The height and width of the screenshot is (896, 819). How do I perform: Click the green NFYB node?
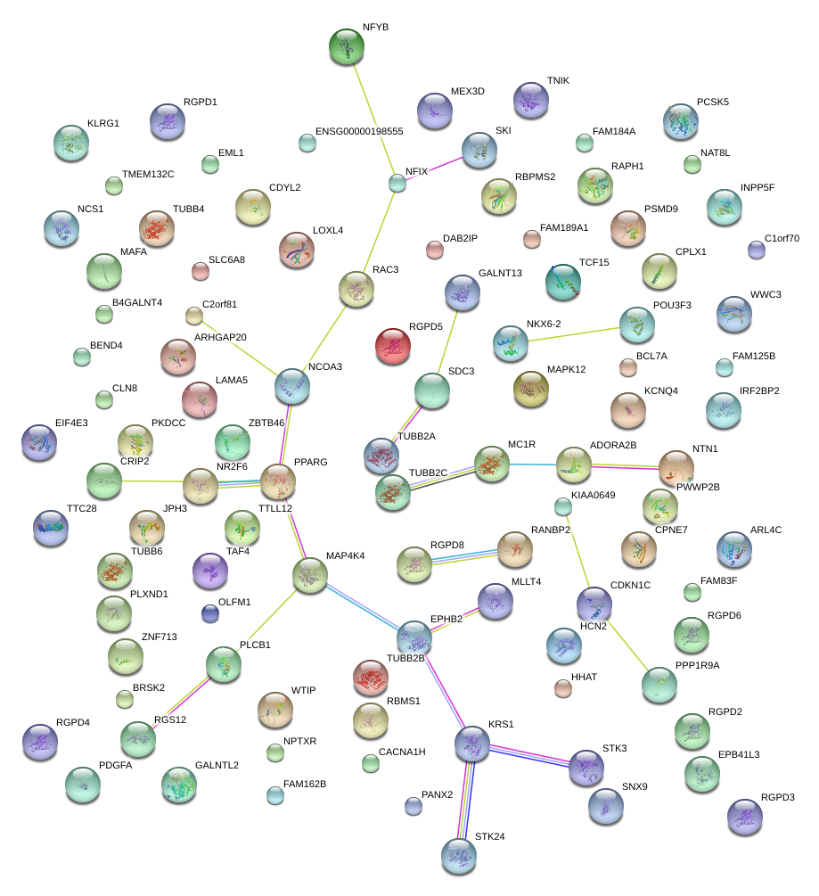(347, 46)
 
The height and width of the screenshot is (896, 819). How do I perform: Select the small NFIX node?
(397, 183)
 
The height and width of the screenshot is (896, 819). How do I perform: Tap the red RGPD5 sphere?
(393, 346)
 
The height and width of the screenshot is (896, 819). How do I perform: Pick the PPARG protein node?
(278, 481)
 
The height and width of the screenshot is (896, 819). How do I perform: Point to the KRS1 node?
(472, 744)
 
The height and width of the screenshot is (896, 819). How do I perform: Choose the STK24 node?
(459, 856)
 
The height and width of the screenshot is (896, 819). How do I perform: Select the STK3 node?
(586, 768)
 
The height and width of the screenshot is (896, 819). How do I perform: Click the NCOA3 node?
(292, 385)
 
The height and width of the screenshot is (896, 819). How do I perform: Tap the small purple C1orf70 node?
(757, 250)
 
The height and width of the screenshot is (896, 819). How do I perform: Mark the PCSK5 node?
(681, 121)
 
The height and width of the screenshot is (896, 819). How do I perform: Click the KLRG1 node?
(71, 143)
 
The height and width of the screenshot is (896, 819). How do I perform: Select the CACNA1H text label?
(402, 752)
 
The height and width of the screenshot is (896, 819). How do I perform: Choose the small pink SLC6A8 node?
(201, 270)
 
